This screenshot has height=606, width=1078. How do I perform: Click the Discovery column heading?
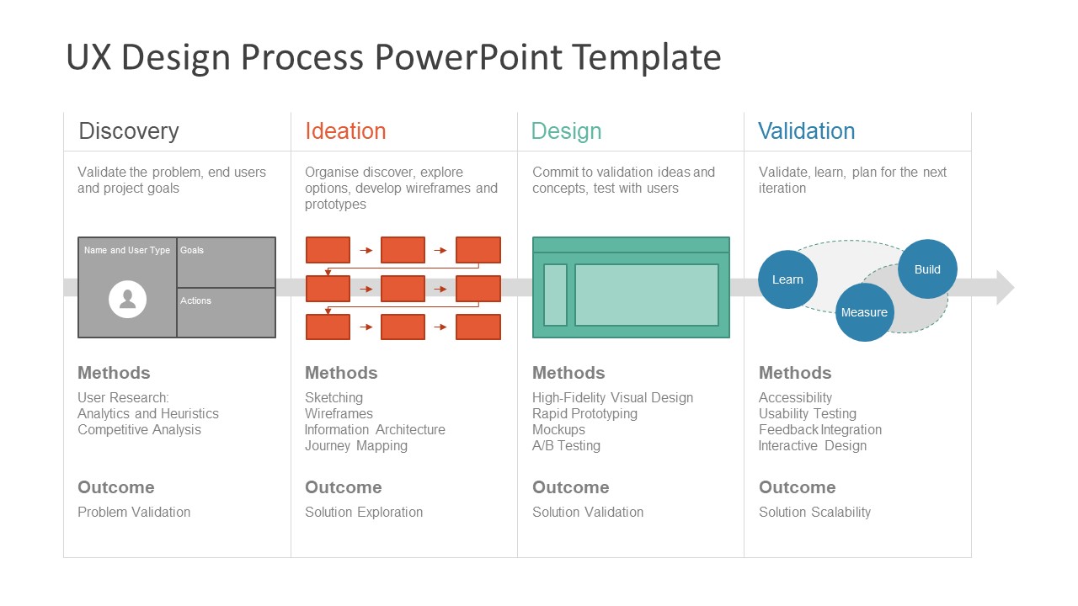click(x=129, y=131)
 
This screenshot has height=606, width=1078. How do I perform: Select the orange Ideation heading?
click(x=345, y=131)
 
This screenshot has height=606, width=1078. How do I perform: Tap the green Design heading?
click(x=566, y=131)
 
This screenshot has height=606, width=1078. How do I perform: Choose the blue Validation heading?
click(x=806, y=131)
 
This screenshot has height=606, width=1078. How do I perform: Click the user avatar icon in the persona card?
click(x=128, y=300)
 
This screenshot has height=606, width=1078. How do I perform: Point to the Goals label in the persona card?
click(x=192, y=250)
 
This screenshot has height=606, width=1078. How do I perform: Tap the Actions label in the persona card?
click(x=195, y=300)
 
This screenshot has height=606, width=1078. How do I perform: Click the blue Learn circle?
click(x=787, y=279)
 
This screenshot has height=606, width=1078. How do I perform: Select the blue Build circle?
click(x=927, y=269)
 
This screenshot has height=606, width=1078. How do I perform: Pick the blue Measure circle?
click(x=864, y=312)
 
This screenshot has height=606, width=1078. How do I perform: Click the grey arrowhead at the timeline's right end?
click(x=1005, y=287)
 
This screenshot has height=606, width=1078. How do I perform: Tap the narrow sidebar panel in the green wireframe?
click(x=555, y=295)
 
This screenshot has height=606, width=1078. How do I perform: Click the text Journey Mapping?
click(x=355, y=446)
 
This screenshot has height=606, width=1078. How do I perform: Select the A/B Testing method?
click(x=566, y=446)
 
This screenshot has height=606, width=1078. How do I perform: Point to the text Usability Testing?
click(x=807, y=414)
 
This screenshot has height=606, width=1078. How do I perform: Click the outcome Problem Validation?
click(x=134, y=512)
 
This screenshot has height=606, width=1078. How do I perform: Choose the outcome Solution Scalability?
click(x=814, y=512)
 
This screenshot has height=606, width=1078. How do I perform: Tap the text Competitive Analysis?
click(x=139, y=430)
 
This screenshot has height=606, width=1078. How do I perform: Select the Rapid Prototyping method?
click(x=584, y=414)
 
